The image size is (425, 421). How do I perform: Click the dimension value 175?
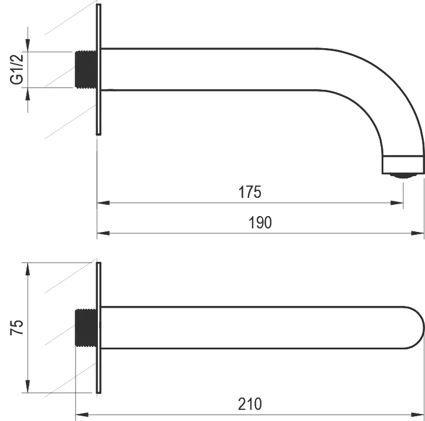pyautogui.click(x=250, y=192)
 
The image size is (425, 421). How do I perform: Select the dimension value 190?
pyautogui.click(x=260, y=223)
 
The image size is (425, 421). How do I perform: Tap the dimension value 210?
pyautogui.click(x=250, y=404)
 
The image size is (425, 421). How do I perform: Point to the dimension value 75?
pyautogui.click(x=17, y=328)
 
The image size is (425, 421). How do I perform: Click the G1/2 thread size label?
pyautogui.click(x=17, y=69)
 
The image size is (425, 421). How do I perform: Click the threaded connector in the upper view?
pyautogui.click(x=86, y=69)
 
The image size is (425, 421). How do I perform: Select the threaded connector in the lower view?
pyautogui.click(x=86, y=328)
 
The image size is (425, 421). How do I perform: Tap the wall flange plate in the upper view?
pyautogui.click(x=98, y=69)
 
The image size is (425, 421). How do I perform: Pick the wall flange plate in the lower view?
pyautogui.click(x=98, y=328)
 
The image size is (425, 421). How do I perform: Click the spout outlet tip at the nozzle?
pyautogui.click(x=403, y=165)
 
